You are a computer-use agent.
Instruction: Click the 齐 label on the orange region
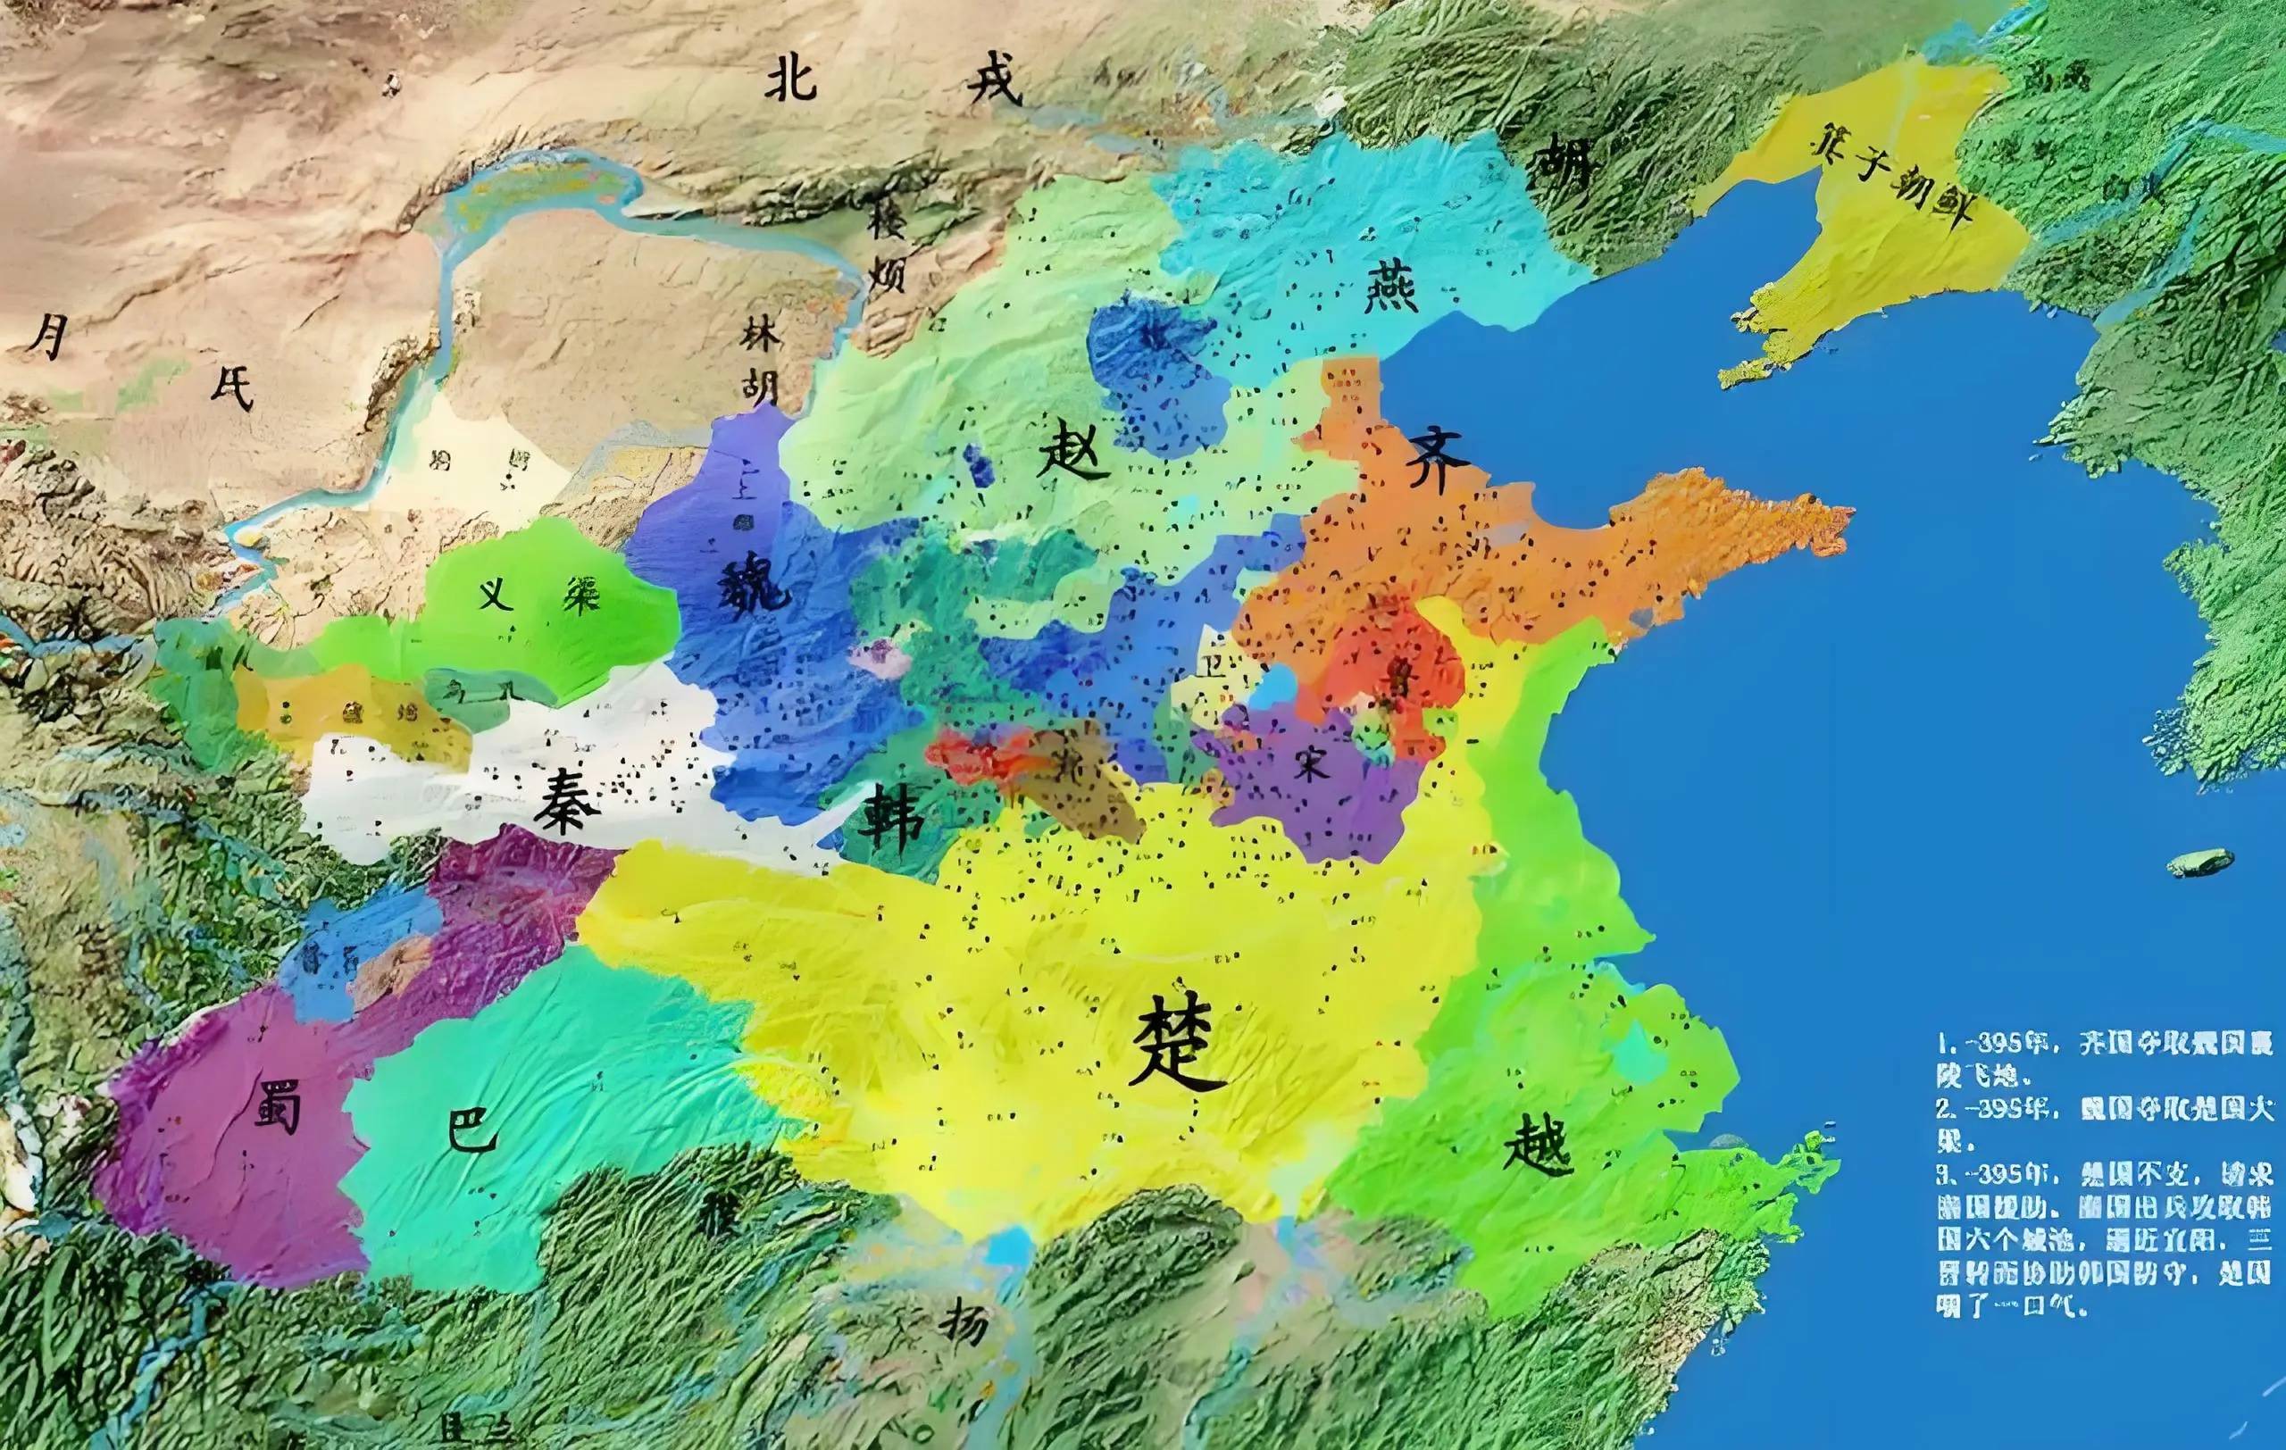(1439, 463)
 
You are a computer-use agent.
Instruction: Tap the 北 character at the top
(791, 78)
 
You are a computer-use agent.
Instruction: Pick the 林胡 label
(761, 362)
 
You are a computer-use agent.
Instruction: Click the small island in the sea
(2199, 863)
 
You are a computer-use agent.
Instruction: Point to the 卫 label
(1213, 666)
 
